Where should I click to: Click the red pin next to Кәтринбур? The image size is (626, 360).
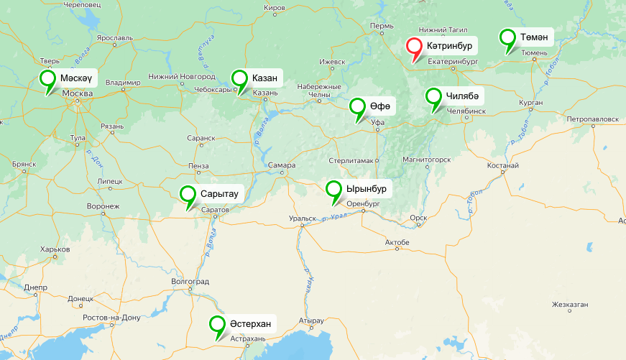pyautogui.click(x=415, y=48)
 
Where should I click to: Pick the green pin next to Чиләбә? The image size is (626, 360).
pyautogui.click(x=433, y=97)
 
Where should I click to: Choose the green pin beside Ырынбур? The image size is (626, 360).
pyautogui.click(x=334, y=190)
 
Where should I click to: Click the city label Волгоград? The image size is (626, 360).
pyautogui.click(x=190, y=282)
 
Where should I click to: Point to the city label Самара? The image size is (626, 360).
pyautogui.click(x=282, y=165)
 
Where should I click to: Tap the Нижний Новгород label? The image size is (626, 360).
pyautogui.click(x=182, y=76)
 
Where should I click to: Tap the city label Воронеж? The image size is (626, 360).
pyautogui.click(x=102, y=206)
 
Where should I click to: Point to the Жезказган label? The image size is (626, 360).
pyautogui.click(x=570, y=304)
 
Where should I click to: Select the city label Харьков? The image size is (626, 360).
pyautogui.click(x=55, y=249)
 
